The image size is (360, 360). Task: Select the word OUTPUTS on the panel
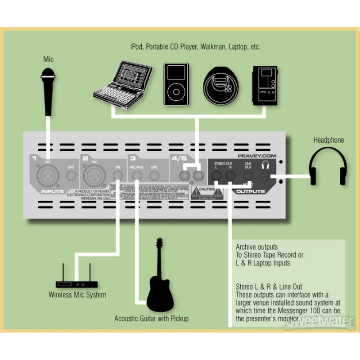click(249, 191)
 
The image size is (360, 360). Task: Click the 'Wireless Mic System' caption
click(77, 295)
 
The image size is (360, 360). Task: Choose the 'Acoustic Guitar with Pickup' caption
click(151, 319)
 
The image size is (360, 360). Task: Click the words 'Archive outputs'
click(256, 247)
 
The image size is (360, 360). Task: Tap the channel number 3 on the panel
click(132, 158)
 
